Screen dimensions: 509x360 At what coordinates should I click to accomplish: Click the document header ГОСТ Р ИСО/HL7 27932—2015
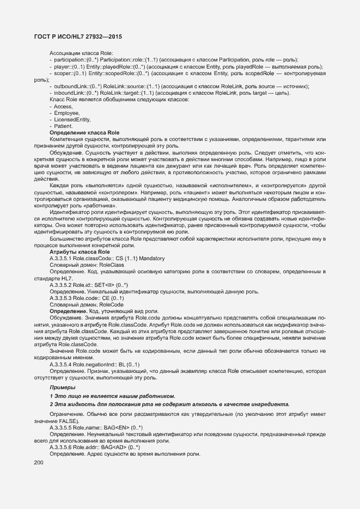(x=75, y=37)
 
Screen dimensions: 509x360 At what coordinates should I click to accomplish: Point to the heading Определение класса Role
(x=84, y=133)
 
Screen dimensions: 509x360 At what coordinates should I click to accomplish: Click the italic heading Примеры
(x=63, y=387)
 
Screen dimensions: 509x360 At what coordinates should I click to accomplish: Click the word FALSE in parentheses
(x=68, y=422)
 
